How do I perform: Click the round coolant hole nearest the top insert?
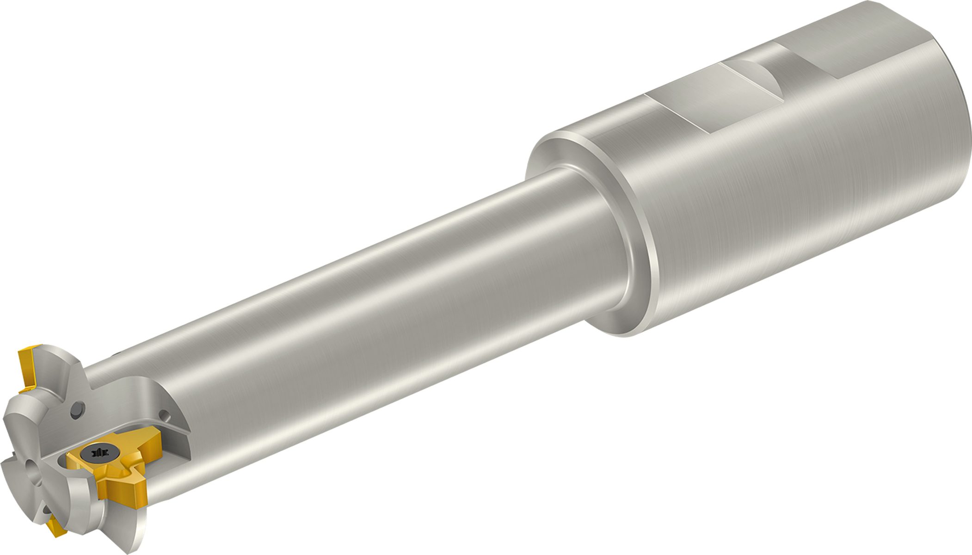pyautogui.click(x=78, y=411)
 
